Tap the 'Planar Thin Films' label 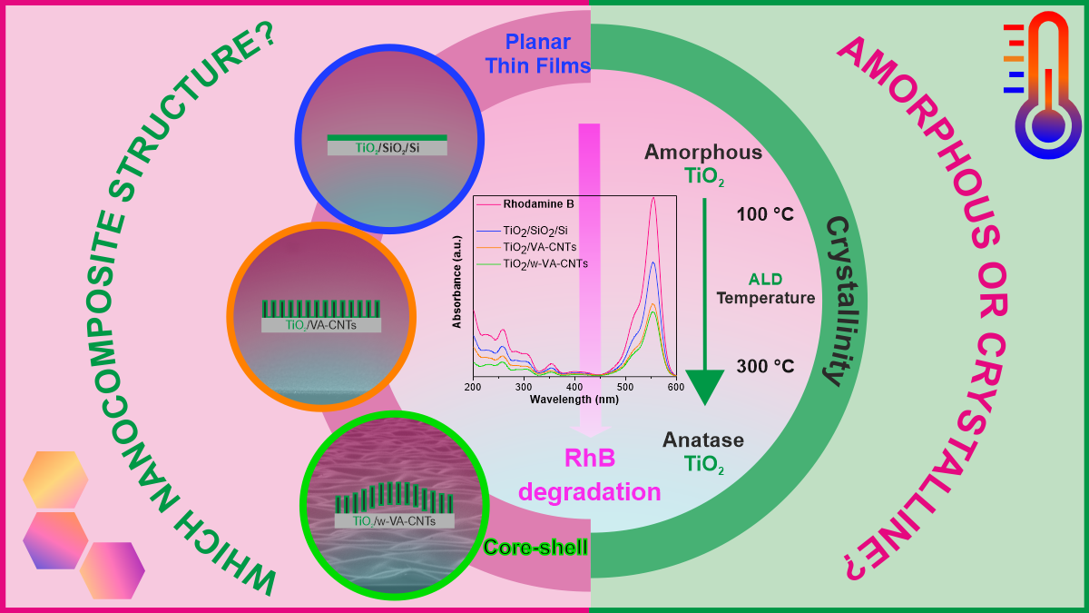(537, 54)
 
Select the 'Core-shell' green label (535, 547)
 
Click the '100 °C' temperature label (764, 215)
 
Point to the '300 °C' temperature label (765, 366)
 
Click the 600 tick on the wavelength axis (675, 387)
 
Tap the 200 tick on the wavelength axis (473, 387)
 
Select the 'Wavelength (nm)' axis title (574, 400)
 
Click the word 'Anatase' (703, 440)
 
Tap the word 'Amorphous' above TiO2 (703, 152)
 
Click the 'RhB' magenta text (591, 459)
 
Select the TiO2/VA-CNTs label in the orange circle (320, 324)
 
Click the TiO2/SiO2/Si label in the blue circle (388, 148)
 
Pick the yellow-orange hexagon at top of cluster (54, 479)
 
